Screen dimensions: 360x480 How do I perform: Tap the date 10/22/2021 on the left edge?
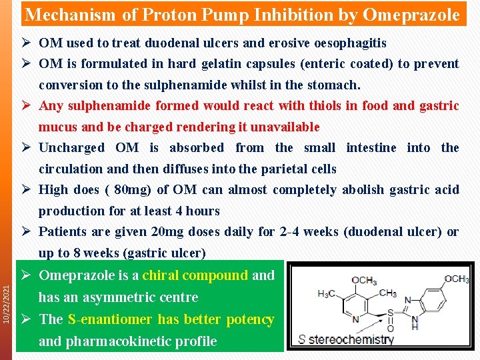[x=7, y=305]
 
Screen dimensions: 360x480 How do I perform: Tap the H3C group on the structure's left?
[x=327, y=293]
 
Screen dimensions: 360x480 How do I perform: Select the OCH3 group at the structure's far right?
[x=457, y=279]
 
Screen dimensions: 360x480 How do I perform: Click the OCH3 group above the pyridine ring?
[x=365, y=279]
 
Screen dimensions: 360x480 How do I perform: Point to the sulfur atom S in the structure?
[x=389, y=311]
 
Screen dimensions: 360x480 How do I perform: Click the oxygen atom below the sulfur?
[x=390, y=327]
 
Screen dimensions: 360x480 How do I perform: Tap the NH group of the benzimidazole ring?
[x=415, y=324]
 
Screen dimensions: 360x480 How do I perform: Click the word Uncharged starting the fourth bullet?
[x=72, y=148]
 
